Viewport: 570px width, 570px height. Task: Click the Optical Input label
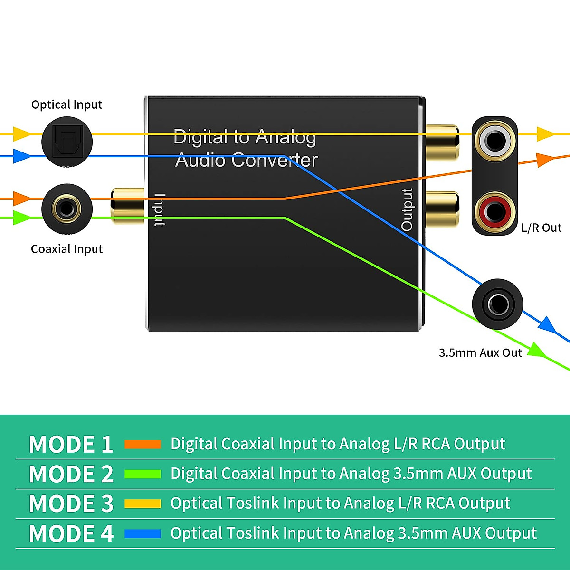click(66, 104)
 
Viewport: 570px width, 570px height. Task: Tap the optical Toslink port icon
click(67, 142)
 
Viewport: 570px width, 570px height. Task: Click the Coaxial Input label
click(66, 249)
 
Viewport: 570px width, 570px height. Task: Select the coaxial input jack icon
click(66, 209)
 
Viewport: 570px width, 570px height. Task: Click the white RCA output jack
click(494, 141)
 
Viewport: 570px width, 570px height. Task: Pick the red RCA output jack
click(494, 212)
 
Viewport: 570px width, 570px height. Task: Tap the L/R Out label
click(541, 228)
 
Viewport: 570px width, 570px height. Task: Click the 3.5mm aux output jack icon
click(497, 304)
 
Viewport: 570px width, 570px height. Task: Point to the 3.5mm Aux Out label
click(480, 352)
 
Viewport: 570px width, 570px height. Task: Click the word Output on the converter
click(407, 209)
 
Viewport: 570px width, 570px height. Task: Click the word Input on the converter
click(160, 209)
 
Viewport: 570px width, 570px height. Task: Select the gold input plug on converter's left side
click(127, 206)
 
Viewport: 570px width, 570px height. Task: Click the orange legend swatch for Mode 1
click(142, 444)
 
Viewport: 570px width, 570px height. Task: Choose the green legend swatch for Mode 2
click(142, 474)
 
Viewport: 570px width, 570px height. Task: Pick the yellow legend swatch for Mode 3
click(142, 503)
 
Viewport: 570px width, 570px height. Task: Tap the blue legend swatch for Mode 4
click(142, 533)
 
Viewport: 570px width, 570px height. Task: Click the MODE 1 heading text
click(71, 445)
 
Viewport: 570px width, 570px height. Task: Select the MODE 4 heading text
click(71, 533)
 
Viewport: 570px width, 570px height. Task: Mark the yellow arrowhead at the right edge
click(545, 134)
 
